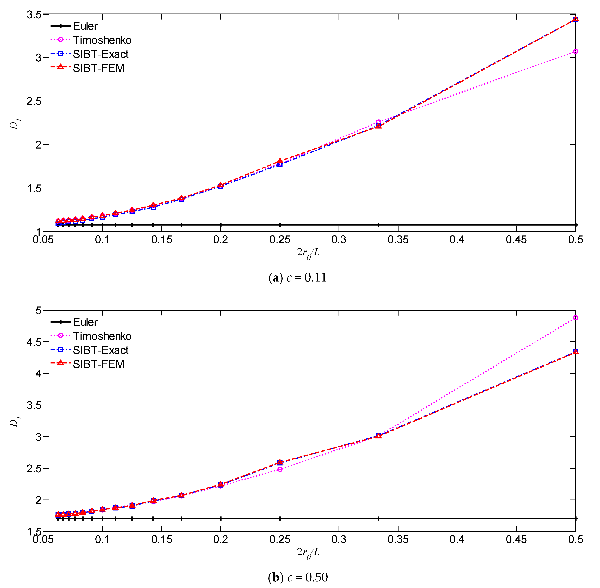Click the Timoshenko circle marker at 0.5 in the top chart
tap(575, 51)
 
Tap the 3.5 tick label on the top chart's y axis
tap(34, 15)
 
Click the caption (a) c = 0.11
tap(297, 278)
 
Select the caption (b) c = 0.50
tap(297, 577)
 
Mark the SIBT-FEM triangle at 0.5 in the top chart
tap(575, 19)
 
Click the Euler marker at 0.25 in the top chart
tap(280, 225)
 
